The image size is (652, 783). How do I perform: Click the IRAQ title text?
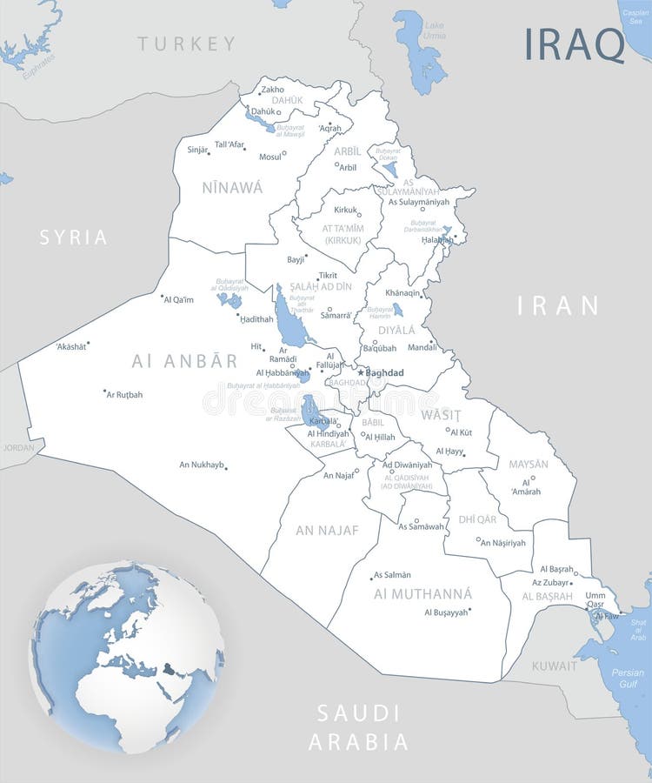click(574, 44)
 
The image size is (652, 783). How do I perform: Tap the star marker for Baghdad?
click(361, 372)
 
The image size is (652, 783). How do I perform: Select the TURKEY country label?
click(186, 43)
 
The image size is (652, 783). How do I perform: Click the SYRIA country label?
click(74, 237)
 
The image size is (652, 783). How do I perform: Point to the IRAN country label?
click(558, 305)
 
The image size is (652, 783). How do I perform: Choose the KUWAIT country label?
click(554, 666)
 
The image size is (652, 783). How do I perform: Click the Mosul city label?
click(270, 157)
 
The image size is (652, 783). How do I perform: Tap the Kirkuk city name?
click(346, 210)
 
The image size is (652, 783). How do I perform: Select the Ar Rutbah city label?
click(124, 394)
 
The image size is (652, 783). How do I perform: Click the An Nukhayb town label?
click(202, 465)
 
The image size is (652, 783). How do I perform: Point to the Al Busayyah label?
click(446, 612)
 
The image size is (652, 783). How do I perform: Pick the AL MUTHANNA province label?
click(422, 593)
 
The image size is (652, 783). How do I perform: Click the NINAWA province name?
click(232, 186)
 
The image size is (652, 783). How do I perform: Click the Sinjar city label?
click(197, 150)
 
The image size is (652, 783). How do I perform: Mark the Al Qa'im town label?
click(178, 299)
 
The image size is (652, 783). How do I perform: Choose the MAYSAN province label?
click(529, 464)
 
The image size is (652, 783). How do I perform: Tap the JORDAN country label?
click(18, 447)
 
